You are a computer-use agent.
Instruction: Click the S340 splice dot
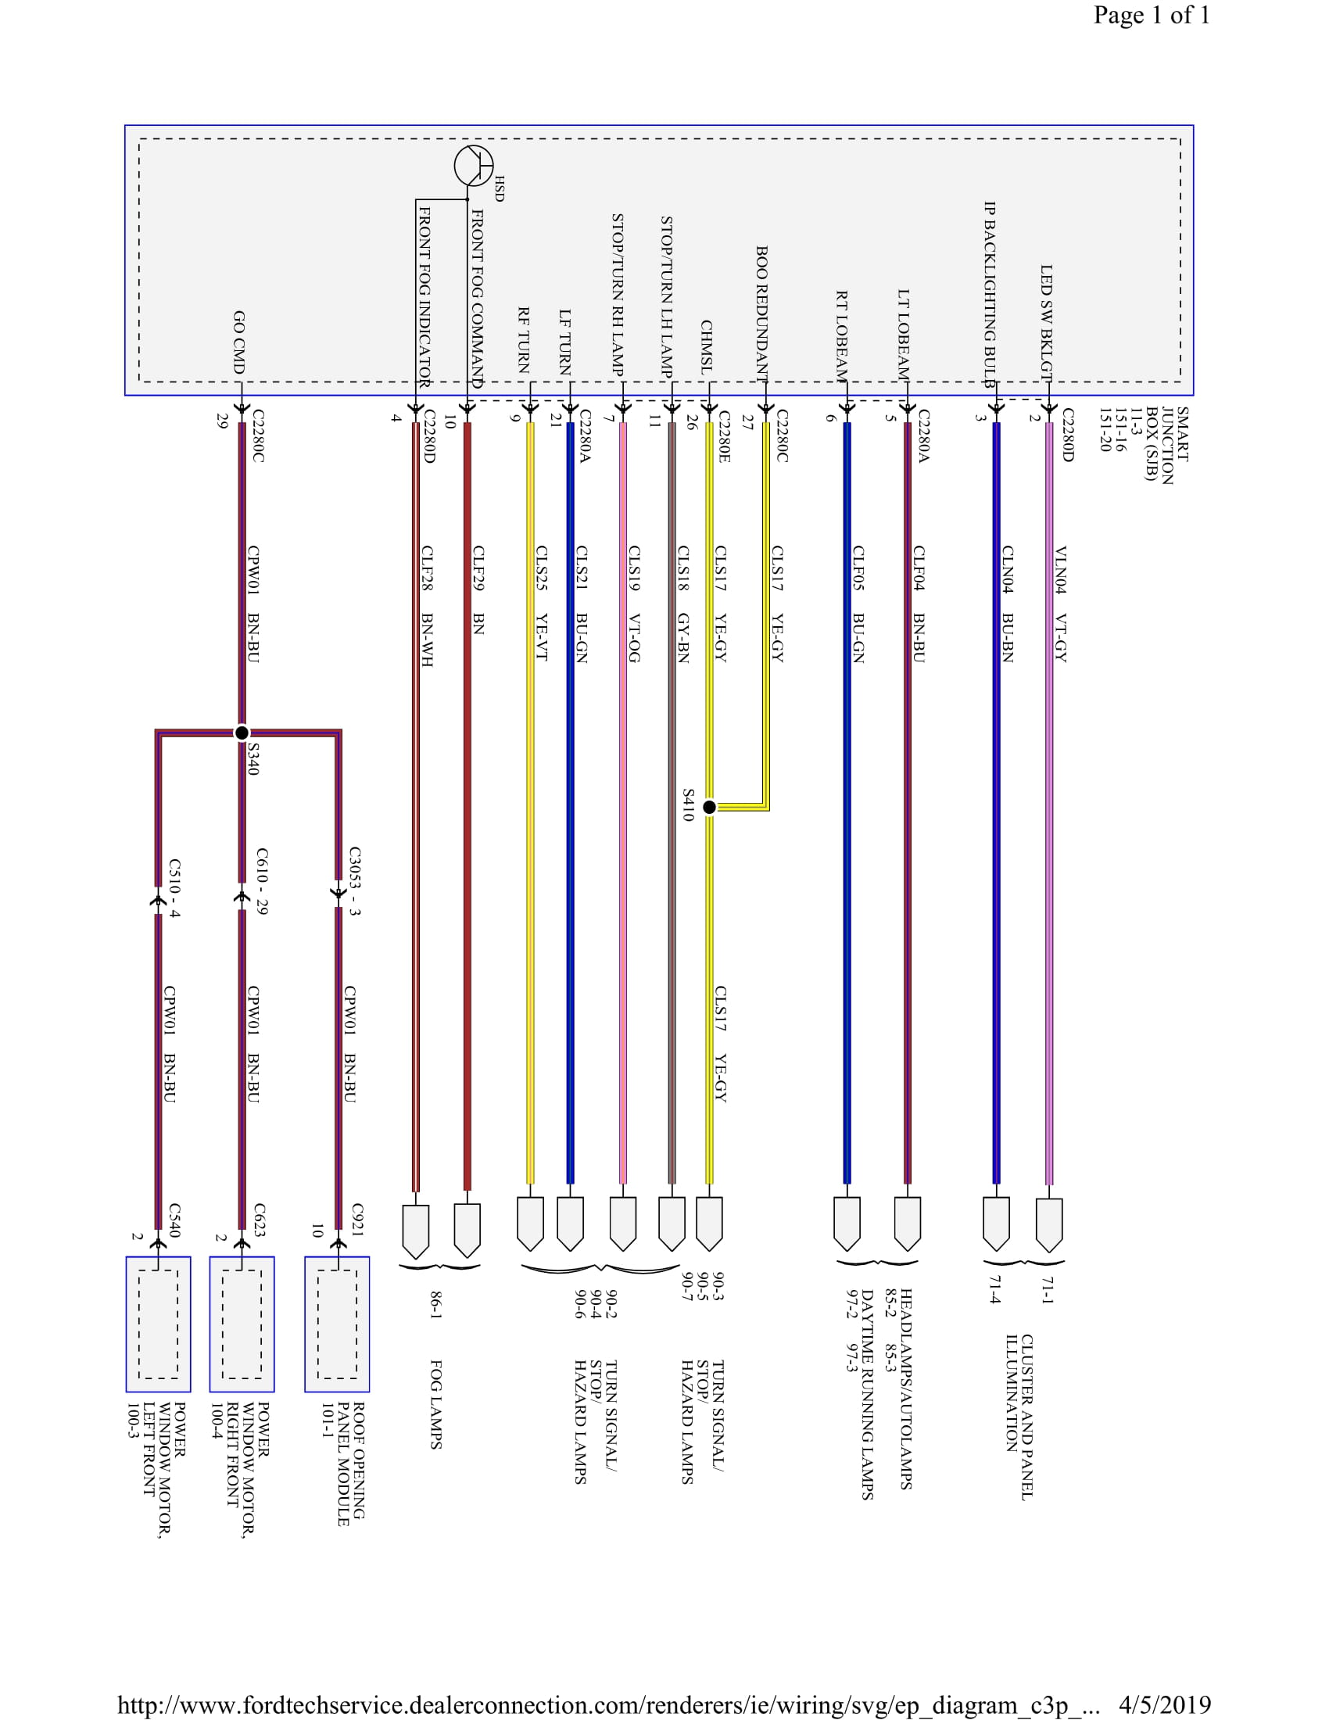tap(242, 733)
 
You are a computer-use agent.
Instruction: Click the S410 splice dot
tap(709, 807)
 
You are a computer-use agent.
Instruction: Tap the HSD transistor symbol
tap(473, 166)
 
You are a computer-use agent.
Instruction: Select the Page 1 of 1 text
tap(1151, 15)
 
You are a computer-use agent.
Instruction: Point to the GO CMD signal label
tap(238, 342)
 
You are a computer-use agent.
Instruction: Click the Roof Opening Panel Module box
tap(337, 1324)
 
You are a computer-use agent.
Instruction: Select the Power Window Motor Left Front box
tap(158, 1324)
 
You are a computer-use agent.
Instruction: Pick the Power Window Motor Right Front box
tap(242, 1324)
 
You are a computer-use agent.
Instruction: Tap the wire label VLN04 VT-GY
tap(1060, 604)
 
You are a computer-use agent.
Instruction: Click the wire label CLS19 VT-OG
tap(634, 604)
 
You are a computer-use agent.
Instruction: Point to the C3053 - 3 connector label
tap(354, 880)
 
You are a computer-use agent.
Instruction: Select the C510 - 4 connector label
tap(174, 888)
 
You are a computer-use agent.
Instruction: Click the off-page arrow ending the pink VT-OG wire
tap(623, 1223)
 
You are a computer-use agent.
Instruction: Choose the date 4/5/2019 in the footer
tap(1164, 1704)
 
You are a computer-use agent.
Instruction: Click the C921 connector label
tap(356, 1220)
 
